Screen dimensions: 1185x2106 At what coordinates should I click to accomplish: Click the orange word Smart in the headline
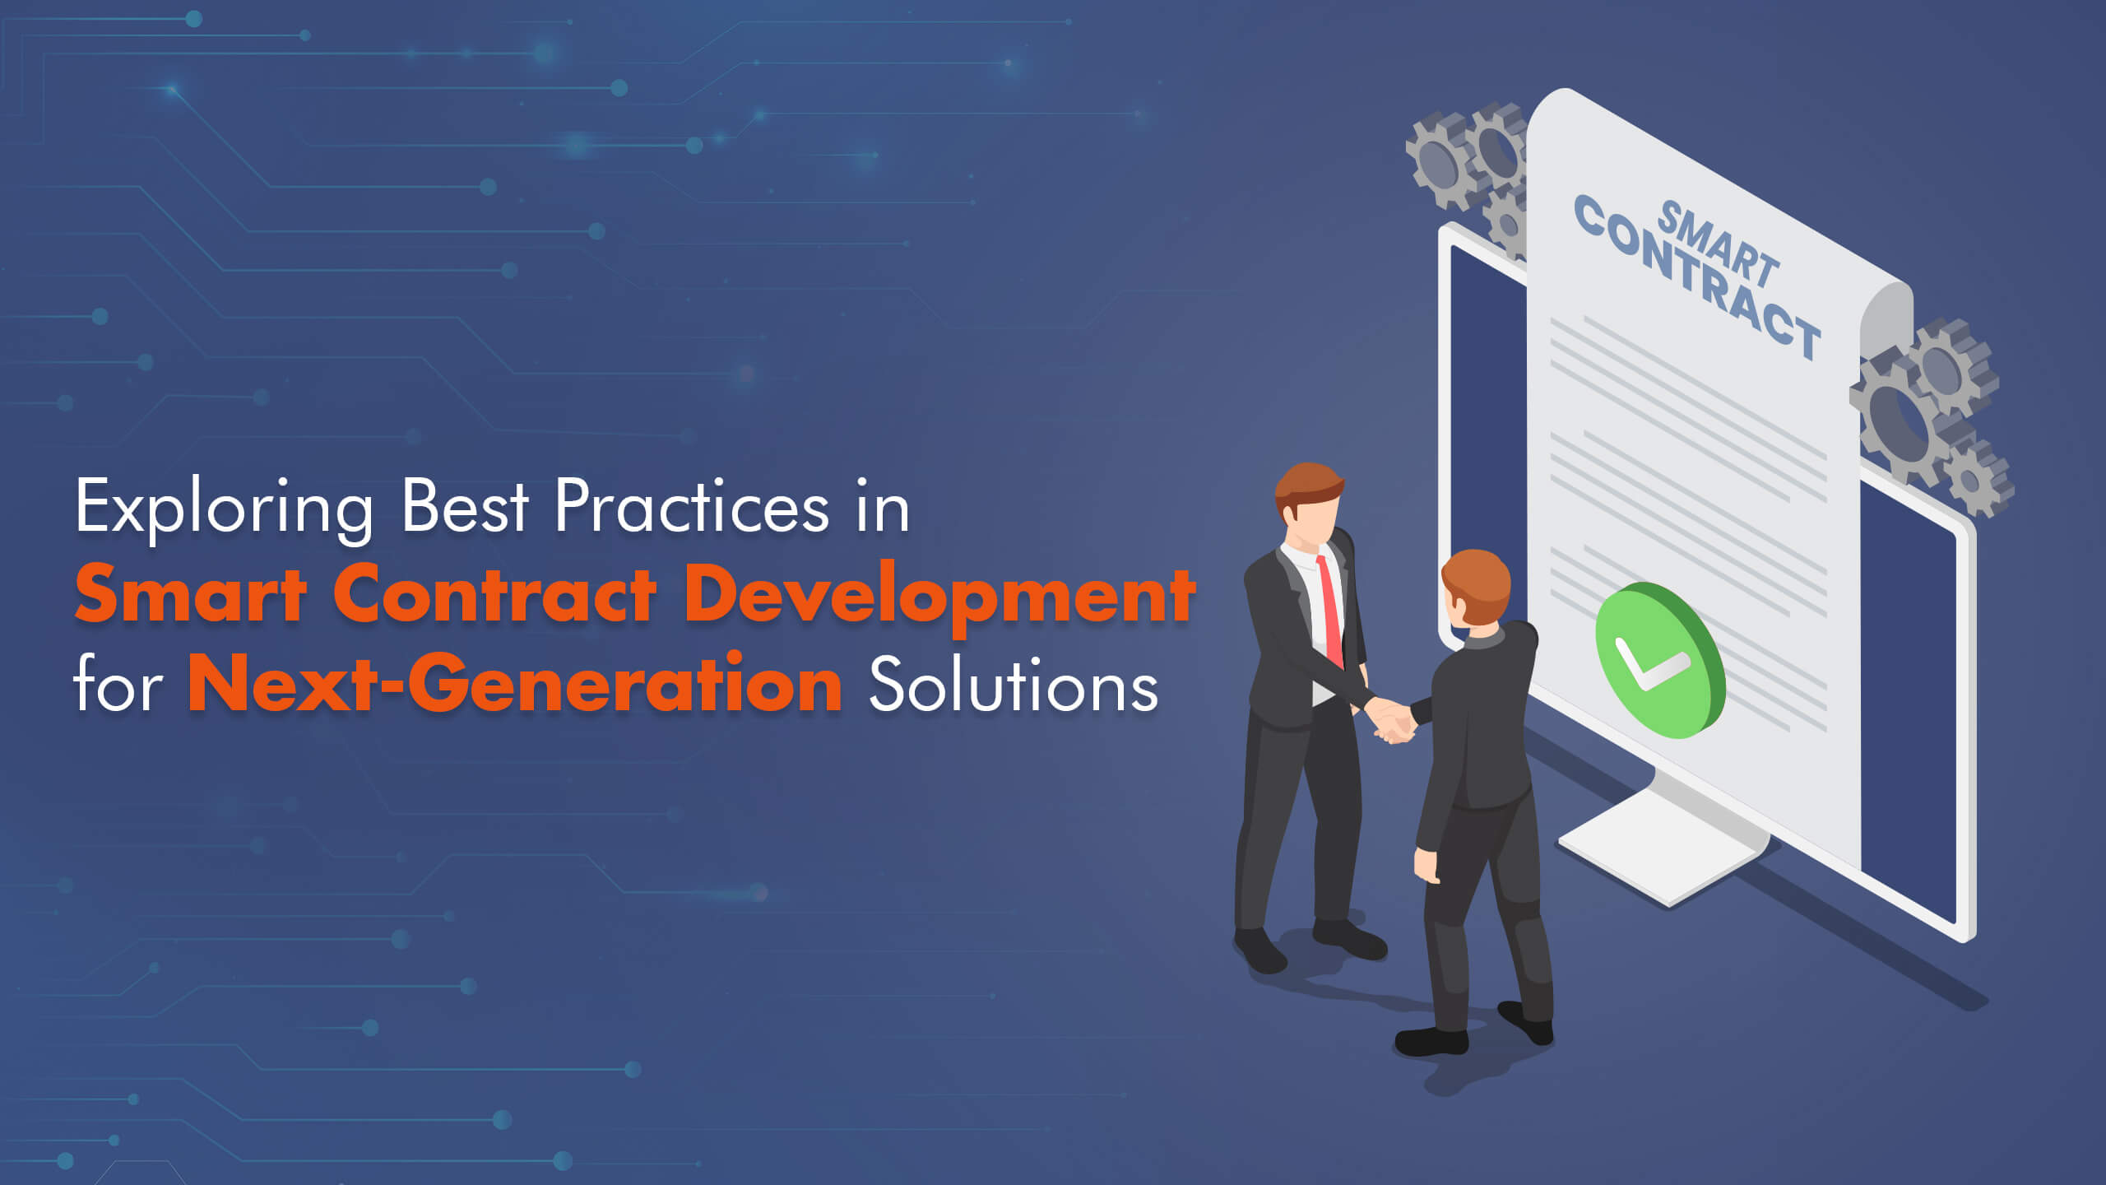coord(191,595)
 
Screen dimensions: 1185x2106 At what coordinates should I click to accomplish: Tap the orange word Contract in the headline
coord(494,595)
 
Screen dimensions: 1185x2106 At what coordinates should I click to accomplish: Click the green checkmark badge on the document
coord(1658,659)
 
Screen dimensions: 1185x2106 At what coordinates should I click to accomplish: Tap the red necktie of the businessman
coord(1329,610)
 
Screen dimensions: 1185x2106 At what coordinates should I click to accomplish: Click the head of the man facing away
coord(1477,588)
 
